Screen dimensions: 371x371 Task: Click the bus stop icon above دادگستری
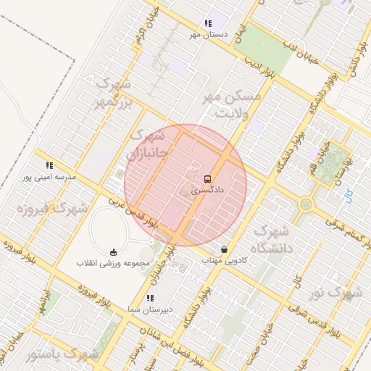(x=207, y=178)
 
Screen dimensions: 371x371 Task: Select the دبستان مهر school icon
(x=209, y=23)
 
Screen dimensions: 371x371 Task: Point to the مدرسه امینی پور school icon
(x=49, y=165)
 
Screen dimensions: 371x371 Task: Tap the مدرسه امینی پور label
(x=46, y=177)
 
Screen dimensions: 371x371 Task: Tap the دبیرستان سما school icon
(x=149, y=298)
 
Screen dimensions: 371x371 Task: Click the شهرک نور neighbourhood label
(x=335, y=293)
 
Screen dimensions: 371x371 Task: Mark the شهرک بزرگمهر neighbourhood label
(x=114, y=94)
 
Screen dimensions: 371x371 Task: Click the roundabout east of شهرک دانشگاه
(x=306, y=205)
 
